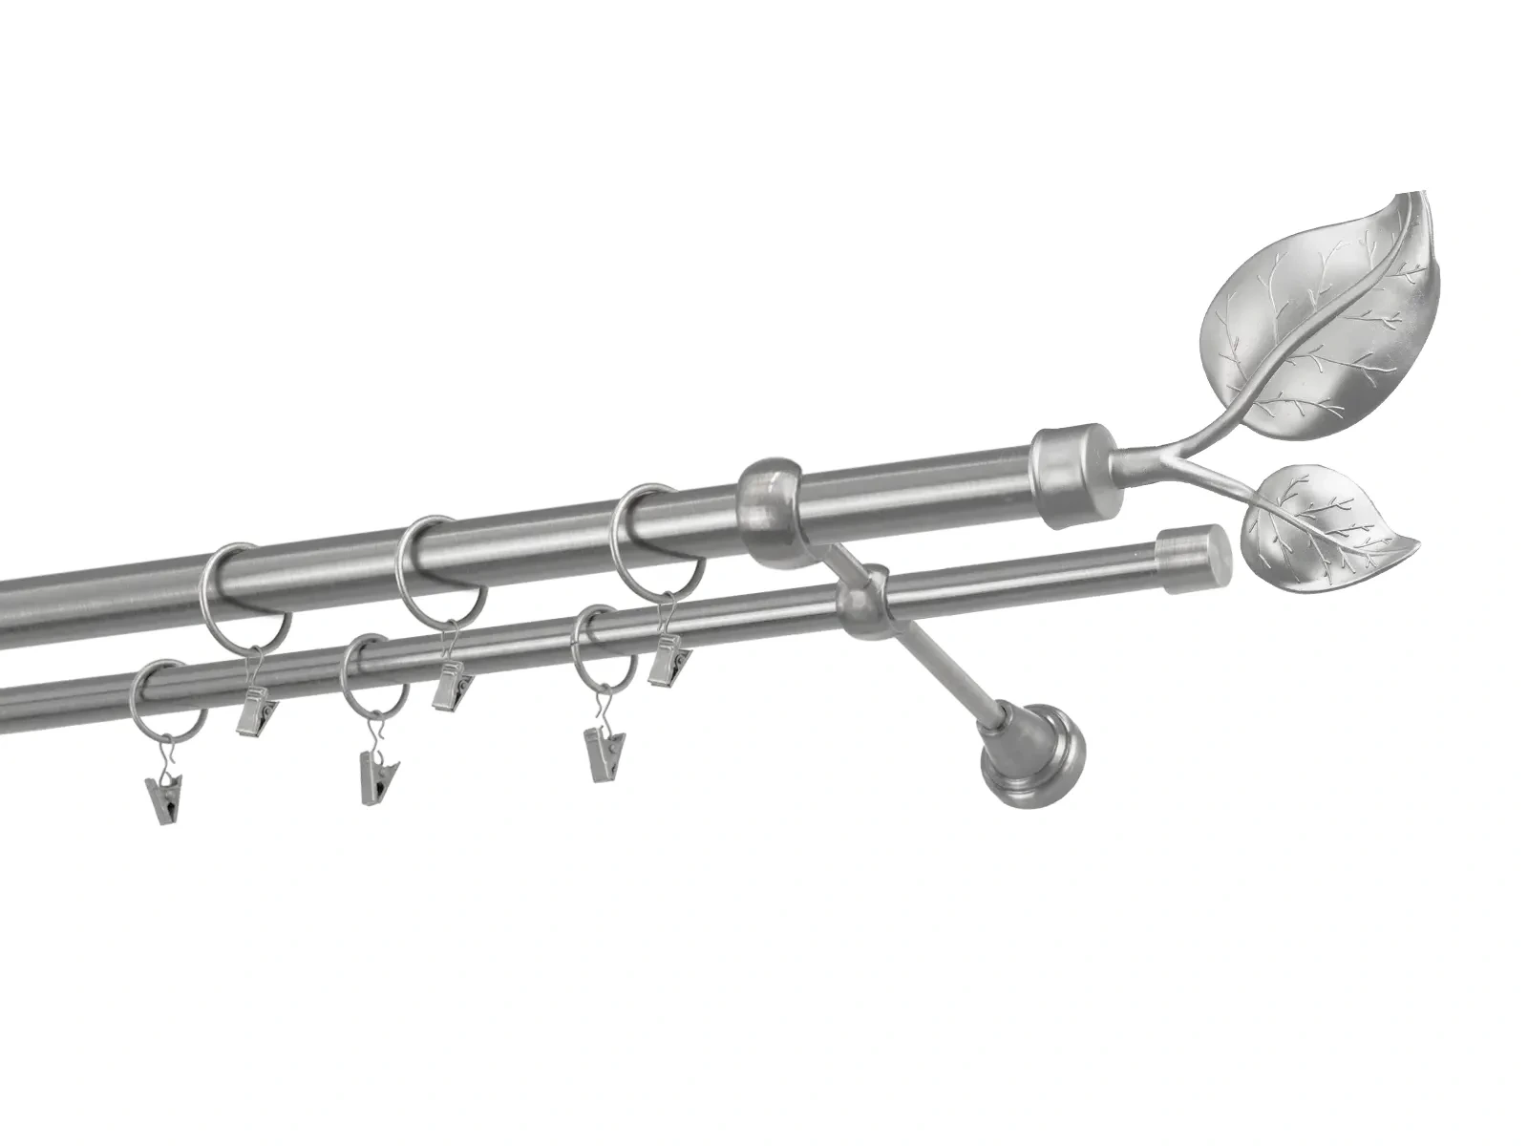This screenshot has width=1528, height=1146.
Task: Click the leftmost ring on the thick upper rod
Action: click(x=246, y=592)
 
